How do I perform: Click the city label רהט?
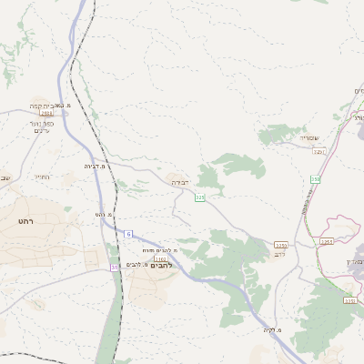(x=25, y=221)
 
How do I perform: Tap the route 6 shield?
(x=127, y=234)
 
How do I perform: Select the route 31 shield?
(x=115, y=267)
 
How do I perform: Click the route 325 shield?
(x=199, y=197)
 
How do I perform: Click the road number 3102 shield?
(x=160, y=258)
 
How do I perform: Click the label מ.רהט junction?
(x=105, y=214)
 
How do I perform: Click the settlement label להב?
(x=280, y=255)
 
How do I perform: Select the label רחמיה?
(x=41, y=177)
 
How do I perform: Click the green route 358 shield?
(x=315, y=179)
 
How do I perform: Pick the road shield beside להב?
(x=281, y=245)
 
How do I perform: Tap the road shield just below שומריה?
(x=318, y=151)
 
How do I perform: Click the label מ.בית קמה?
(x=46, y=106)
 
